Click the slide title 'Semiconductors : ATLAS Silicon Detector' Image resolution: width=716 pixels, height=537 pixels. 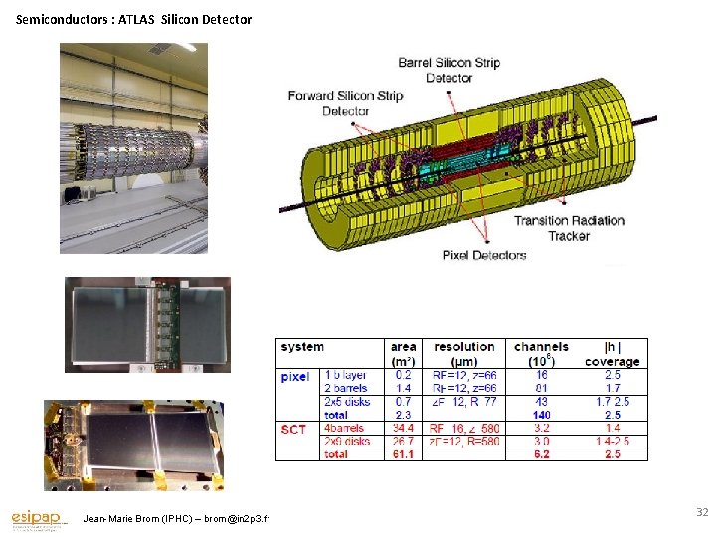134,19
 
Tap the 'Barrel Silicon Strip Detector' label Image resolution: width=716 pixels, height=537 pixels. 448,70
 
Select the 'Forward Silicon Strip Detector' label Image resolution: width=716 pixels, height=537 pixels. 345,103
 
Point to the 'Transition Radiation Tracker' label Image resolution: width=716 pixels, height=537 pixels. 569,228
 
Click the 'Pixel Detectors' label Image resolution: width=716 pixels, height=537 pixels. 484,256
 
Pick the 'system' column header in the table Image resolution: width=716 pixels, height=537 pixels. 302,347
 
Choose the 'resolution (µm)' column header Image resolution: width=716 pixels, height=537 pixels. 465,353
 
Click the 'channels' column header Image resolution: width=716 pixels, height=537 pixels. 542,347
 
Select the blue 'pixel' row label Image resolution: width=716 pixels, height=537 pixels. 295,377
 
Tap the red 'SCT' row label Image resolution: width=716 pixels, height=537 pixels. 293,429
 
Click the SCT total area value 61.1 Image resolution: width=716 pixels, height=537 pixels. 403,453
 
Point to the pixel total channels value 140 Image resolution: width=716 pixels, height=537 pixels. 541,415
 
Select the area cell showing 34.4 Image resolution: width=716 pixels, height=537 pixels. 403,429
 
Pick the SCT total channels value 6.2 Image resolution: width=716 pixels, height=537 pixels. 541,453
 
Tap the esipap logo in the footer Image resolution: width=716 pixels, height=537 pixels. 38,519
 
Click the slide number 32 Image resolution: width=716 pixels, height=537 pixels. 701,512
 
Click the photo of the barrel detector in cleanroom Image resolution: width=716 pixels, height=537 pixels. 134,147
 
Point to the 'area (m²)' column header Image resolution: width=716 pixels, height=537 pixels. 404,353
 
